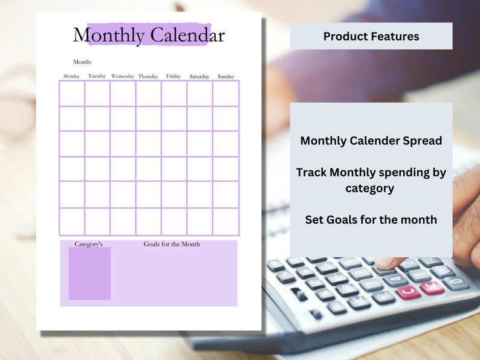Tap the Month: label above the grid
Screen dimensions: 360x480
[x=82, y=62]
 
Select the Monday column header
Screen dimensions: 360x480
[x=71, y=77]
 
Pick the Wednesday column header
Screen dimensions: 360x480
[x=123, y=77]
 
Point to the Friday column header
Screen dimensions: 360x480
[x=174, y=76]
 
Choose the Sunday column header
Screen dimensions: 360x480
[x=225, y=77]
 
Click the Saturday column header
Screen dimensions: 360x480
[x=199, y=77]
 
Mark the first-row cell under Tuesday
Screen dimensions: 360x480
[x=97, y=94]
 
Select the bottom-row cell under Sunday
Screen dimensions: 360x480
[x=225, y=221]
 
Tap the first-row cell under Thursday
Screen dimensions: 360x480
[x=148, y=94]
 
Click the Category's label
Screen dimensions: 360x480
[x=89, y=244]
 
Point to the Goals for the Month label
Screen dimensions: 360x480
[x=172, y=244]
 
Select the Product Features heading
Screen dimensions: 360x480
[x=371, y=36]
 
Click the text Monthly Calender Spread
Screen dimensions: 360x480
[x=371, y=141]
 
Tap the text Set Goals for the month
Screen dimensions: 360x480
[x=371, y=220]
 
